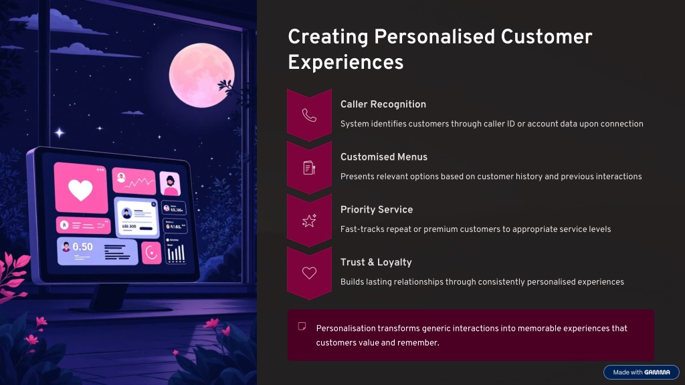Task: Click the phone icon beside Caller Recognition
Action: coord(309,115)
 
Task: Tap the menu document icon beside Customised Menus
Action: coord(309,168)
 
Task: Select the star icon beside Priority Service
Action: coord(309,221)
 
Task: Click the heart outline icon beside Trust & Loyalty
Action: coord(309,273)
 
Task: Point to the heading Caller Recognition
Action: coord(383,104)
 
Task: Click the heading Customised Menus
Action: coord(384,157)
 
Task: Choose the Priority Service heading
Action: coord(377,209)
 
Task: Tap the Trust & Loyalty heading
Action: coord(376,262)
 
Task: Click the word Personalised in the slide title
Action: coord(434,37)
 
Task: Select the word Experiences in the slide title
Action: coord(346,62)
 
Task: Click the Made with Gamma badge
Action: coord(642,372)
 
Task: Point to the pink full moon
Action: coord(201,75)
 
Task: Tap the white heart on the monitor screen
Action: coord(80,190)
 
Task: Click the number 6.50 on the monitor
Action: coord(82,247)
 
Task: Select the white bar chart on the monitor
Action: coord(176,253)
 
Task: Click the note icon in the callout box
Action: coord(302,326)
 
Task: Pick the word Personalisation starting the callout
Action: coord(346,328)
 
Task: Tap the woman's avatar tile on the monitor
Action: coord(170,183)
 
